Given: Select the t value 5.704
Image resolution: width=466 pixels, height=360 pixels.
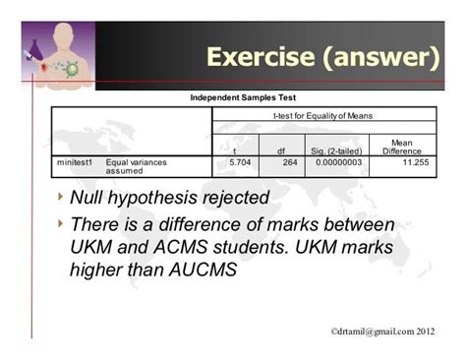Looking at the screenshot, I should (x=238, y=160).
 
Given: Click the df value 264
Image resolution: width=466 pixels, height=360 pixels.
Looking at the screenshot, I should (x=290, y=160).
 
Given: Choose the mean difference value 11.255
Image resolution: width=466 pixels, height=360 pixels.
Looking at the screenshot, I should (x=413, y=160).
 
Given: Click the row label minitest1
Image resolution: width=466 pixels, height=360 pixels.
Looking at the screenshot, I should (x=75, y=160).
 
